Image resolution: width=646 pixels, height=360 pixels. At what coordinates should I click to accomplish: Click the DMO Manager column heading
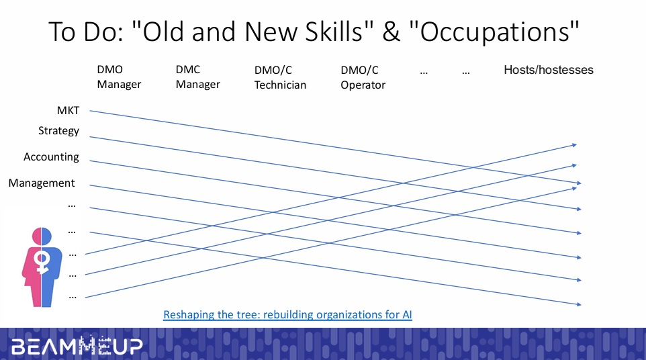(119, 77)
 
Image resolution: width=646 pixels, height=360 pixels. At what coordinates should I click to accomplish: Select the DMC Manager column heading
(197, 77)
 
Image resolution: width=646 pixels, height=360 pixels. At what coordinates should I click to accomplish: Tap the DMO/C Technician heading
(280, 77)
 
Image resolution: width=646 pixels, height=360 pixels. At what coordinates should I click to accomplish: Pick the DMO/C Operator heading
(363, 77)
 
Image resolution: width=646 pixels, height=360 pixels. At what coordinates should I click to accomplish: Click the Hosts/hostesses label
(549, 70)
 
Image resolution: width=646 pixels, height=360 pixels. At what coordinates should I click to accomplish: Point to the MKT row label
(68, 110)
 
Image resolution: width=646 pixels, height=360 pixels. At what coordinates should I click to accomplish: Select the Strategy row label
(58, 131)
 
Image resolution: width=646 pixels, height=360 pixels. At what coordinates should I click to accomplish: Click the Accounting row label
(51, 157)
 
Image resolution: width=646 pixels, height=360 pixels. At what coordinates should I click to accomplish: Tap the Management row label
(42, 183)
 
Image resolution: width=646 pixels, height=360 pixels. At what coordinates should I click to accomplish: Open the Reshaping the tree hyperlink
(287, 315)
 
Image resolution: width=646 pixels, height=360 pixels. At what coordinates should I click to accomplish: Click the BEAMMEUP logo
(77, 346)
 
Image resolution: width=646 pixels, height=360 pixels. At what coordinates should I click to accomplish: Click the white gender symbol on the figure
(42, 263)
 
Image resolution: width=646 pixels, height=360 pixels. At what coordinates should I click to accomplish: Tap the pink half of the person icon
(32, 268)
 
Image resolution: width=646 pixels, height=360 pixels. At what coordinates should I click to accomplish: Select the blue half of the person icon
(52, 268)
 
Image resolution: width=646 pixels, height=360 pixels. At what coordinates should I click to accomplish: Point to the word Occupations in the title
(494, 32)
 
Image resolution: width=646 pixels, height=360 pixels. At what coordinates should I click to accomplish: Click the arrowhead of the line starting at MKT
(579, 183)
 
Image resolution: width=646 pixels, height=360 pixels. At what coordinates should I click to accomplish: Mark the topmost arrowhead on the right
(574, 145)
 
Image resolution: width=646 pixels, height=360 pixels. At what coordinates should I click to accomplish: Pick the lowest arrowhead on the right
(579, 304)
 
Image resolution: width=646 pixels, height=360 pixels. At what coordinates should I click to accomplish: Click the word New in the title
(271, 32)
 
